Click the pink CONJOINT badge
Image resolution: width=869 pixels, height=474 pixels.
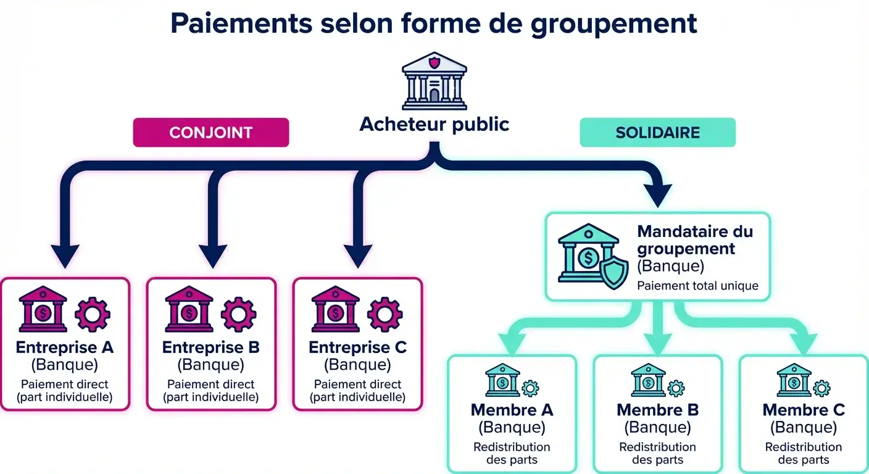pos(211,133)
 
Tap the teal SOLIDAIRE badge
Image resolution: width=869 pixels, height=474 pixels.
pos(657,133)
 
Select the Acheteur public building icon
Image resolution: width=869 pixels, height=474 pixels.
pos(434,80)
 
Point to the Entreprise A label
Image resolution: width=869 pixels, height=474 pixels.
pos(65,347)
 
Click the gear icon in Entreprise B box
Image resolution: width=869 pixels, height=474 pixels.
pos(238,314)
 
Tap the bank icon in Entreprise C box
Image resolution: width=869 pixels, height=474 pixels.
pos(335,309)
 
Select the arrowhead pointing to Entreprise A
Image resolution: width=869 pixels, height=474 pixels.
pos(65,256)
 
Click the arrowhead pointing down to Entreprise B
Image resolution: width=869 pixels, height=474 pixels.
pos(212,256)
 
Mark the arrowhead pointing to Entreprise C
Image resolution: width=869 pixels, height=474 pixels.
pos(358,256)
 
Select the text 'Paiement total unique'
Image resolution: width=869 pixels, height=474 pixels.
pos(697,286)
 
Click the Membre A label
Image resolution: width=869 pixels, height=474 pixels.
pos(512,410)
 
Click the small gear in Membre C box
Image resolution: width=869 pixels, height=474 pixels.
pos(821,388)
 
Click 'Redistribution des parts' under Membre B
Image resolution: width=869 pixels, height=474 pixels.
pos(657,453)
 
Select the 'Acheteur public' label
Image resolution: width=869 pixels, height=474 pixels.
pos(434,124)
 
